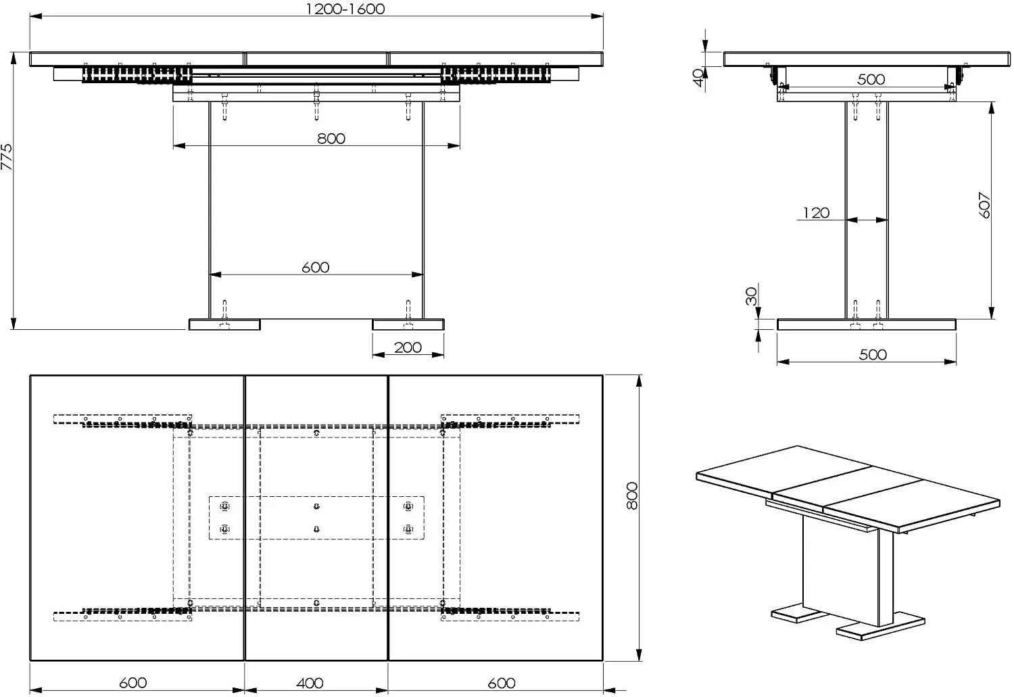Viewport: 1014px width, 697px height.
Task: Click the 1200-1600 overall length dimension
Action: point(345,9)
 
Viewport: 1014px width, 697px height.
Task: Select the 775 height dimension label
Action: point(7,157)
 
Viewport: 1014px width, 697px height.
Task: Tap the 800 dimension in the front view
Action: point(331,139)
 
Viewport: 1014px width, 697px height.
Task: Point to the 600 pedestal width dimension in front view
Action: point(315,268)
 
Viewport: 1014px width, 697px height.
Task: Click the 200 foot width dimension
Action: point(408,347)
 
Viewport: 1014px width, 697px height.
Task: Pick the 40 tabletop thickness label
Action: point(699,77)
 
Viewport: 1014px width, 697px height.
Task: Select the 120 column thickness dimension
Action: point(816,214)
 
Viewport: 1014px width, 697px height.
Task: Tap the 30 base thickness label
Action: point(752,296)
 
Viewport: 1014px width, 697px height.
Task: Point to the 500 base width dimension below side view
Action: point(873,355)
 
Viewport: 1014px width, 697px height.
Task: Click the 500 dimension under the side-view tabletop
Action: point(871,79)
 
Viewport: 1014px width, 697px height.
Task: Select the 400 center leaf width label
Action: point(310,683)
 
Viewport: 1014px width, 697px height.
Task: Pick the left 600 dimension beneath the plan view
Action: point(132,683)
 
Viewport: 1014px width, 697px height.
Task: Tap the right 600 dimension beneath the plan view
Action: point(501,683)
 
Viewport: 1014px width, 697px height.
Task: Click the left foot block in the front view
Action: point(224,325)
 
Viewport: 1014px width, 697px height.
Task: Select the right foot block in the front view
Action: point(408,325)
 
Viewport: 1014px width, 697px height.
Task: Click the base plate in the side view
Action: point(867,325)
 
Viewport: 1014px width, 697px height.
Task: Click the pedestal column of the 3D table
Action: point(845,571)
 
